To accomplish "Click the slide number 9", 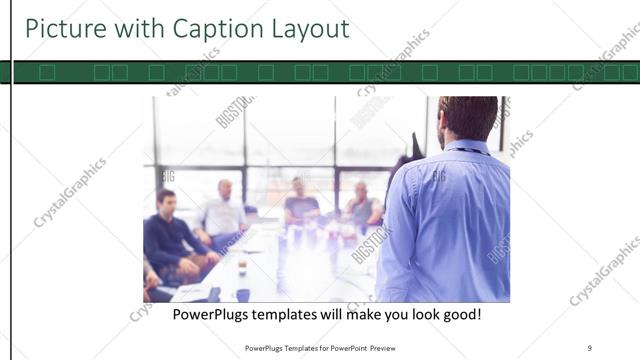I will click(x=589, y=348).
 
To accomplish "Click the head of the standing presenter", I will click(x=468, y=118).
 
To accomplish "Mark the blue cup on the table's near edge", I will click(x=243, y=295).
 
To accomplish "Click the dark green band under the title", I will click(x=320, y=72).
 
